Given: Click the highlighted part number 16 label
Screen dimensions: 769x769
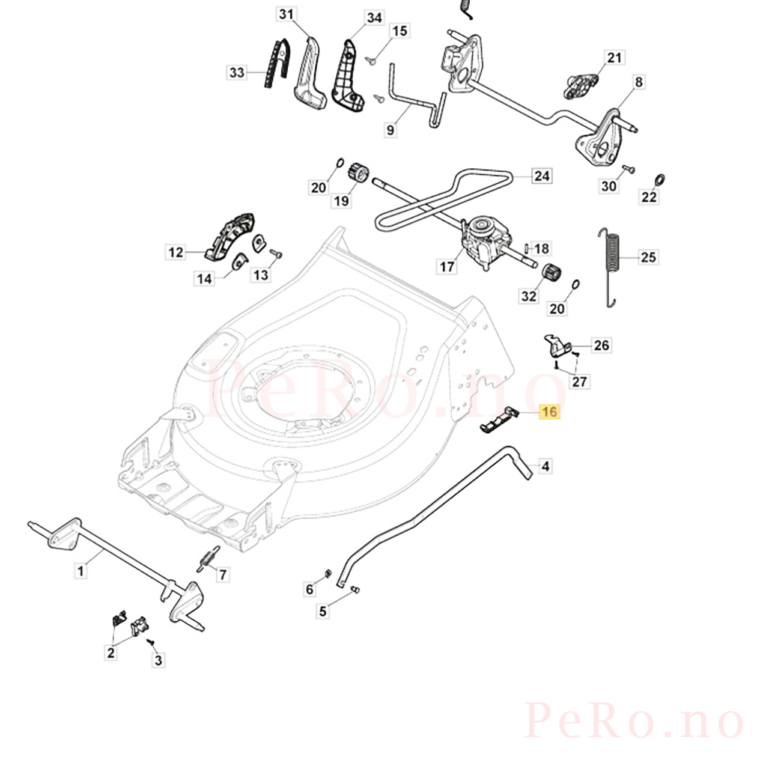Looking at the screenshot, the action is pyautogui.click(x=550, y=412).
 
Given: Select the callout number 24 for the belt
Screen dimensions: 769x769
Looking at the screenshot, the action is pyautogui.click(x=541, y=175).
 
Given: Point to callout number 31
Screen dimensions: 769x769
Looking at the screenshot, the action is pyautogui.click(x=286, y=14).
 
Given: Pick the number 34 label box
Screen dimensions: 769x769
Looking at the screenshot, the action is pyautogui.click(x=374, y=17).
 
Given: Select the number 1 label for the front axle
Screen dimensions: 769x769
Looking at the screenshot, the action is pyautogui.click(x=81, y=571).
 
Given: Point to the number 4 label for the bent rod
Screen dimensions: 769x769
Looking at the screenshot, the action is pyautogui.click(x=546, y=466).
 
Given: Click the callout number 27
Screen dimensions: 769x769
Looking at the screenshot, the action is pyautogui.click(x=579, y=382).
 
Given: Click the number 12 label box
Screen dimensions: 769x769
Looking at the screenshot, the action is pyautogui.click(x=175, y=252).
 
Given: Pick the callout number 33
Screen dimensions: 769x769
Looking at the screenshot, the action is pyautogui.click(x=237, y=73).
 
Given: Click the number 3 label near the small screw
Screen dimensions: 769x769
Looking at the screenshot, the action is pyautogui.click(x=159, y=660).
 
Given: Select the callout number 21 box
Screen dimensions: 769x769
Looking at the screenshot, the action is pyautogui.click(x=614, y=58).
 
